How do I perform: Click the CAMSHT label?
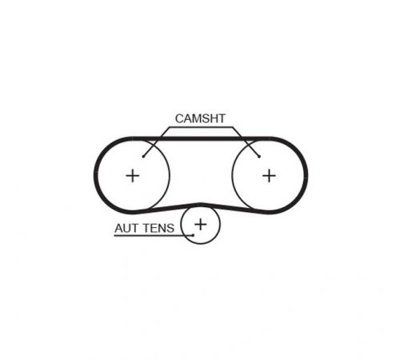[x=200, y=118]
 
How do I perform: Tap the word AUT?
[x=126, y=228]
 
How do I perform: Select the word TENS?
[x=158, y=228]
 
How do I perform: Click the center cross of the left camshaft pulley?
[x=133, y=176]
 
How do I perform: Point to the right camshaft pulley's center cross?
[x=269, y=176]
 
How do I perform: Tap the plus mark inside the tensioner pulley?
[x=201, y=224]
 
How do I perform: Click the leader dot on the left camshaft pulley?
[x=143, y=156]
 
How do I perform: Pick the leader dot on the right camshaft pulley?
[x=259, y=156]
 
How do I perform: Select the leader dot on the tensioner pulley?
[x=193, y=235]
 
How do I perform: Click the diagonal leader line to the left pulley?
[x=156, y=142]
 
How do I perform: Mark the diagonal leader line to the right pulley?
[x=246, y=142]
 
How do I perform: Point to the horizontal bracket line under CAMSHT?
[x=201, y=127]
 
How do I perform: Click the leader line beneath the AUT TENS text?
[x=154, y=235]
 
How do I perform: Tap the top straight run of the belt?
[x=201, y=138]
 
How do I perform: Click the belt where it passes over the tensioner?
[x=201, y=205]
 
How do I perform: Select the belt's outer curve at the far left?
[x=96, y=175]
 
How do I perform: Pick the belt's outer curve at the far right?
[x=306, y=175]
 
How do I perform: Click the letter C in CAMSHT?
[x=179, y=118]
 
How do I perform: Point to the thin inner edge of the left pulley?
[x=169, y=174]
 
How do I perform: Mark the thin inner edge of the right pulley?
[x=233, y=174]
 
